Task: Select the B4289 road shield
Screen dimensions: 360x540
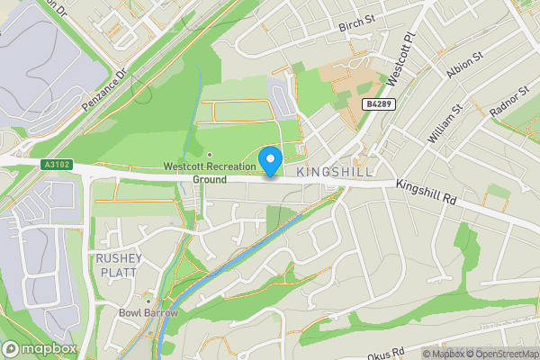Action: tap(377, 105)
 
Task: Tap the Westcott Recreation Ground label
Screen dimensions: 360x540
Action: tap(209, 172)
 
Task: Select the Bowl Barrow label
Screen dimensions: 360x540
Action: tap(148, 312)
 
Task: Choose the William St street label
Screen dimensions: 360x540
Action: tap(445, 123)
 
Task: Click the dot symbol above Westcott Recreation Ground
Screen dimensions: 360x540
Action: tap(209, 155)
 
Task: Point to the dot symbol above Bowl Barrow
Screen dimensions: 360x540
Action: tap(148, 299)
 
